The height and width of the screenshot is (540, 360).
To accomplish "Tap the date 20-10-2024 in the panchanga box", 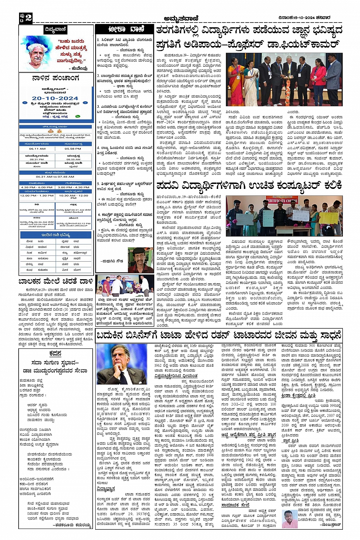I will [x=55, y=98].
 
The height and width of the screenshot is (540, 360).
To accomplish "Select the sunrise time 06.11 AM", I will [x=37, y=149].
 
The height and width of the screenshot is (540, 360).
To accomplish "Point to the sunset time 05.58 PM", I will [x=74, y=149].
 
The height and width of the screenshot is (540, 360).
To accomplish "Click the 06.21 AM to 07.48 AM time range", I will [x=55, y=177].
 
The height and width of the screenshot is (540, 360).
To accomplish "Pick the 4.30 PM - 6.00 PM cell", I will [x=37, y=187].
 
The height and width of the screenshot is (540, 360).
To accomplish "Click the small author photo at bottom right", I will [x=289, y=518].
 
